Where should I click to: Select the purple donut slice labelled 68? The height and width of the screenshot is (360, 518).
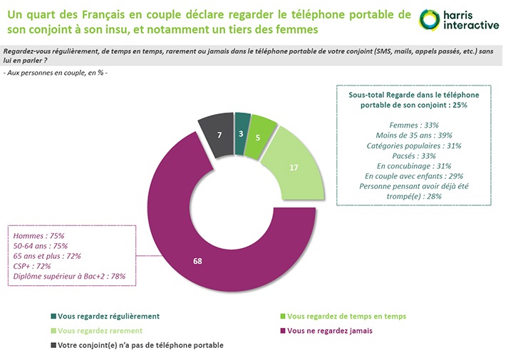pos(198,261)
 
